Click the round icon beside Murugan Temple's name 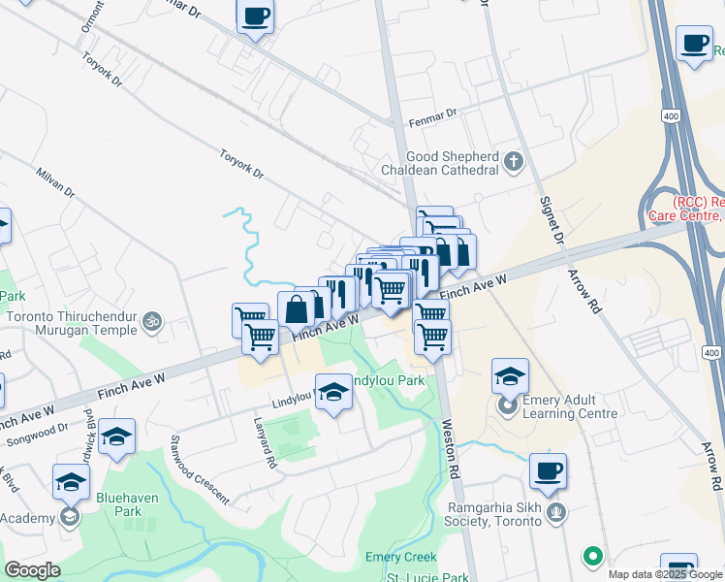pos(151,319)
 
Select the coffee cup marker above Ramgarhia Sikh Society pos(548,471)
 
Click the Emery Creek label pos(401,557)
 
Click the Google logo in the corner pos(33,569)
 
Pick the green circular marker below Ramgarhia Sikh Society pos(592,557)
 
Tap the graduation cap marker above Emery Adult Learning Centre pos(510,374)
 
